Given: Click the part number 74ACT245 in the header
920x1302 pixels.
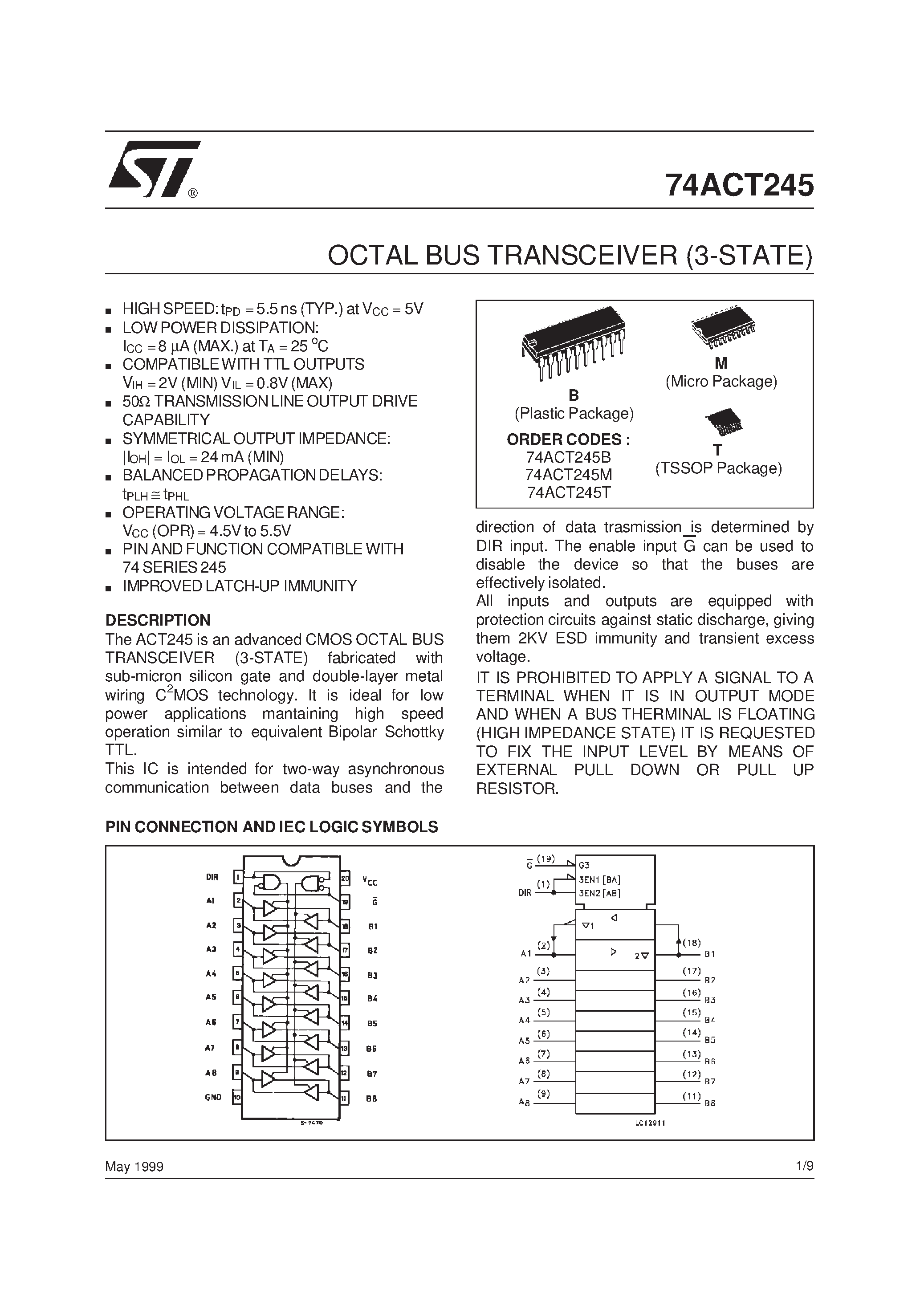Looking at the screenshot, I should [739, 185].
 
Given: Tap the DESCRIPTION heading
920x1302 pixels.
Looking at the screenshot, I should [158, 620].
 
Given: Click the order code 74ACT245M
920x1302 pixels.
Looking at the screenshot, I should [568, 475].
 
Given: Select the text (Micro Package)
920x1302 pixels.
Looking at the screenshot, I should [721, 381].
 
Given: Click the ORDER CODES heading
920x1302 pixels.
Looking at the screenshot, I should [568, 439].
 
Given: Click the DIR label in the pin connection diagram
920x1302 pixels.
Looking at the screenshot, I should [212, 877].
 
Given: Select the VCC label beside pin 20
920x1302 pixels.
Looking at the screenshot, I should [370, 881].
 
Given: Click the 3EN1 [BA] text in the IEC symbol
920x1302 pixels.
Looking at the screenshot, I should [599, 880].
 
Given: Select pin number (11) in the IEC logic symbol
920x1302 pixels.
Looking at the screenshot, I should [692, 1097].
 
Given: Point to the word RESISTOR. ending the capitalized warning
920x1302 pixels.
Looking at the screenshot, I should [517, 788].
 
